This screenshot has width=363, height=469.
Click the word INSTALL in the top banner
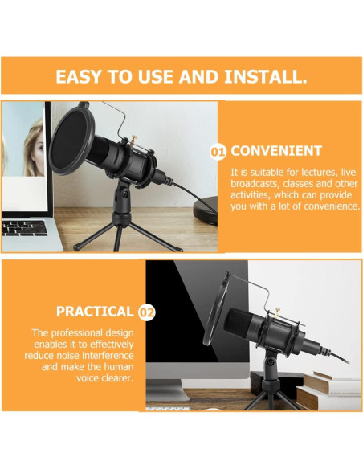tap(266, 76)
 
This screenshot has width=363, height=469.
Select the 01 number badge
tap(218, 152)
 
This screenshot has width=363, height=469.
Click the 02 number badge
tap(147, 312)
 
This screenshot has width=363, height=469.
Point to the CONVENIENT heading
tap(276, 151)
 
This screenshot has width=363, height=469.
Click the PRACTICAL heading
tap(95, 312)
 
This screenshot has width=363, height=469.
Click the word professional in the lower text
tap(76, 333)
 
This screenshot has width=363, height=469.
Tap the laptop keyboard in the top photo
tap(24, 228)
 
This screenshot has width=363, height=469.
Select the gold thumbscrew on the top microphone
tap(133, 139)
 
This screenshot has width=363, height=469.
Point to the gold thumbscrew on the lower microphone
tap(277, 312)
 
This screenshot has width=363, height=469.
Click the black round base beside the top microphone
tap(206, 210)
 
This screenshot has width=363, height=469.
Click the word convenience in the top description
tap(332, 206)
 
